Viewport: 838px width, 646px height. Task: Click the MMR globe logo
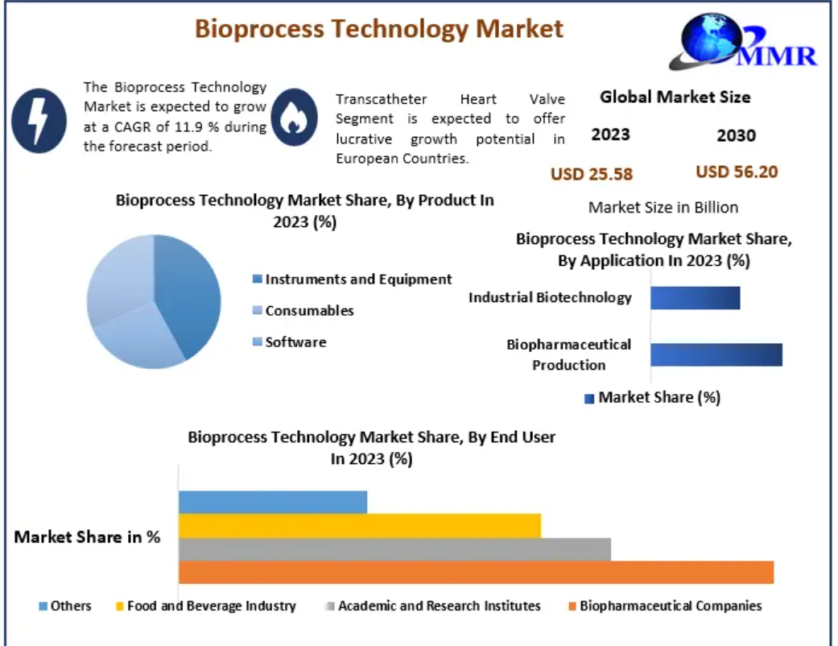pyautogui.click(x=745, y=43)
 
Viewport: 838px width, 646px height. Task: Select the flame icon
pyautogui.click(x=295, y=118)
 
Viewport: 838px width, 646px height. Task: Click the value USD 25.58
pyautogui.click(x=592, y=174)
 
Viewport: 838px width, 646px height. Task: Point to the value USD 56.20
pyautogui.click(x=737, y=172)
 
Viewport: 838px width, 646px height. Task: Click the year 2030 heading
pyautogui.click(x=736, y=135)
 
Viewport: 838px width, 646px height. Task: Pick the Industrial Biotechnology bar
pyautogui.click(x=695, y=298)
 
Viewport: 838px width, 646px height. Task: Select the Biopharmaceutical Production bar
pyautogui.click(x=716, y=354)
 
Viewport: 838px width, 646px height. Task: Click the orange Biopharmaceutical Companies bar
pyautogui.click(x=476, y=573)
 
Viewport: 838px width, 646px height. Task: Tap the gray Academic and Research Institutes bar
pyautogui.click(x=394, y=549)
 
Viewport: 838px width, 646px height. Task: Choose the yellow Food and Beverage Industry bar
pyautogui.click(x=360, y=526)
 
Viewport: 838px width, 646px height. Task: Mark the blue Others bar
pyautogui.click(x=273, y=502)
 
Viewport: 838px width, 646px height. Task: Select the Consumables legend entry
pyautogui.click(x=303, y=311)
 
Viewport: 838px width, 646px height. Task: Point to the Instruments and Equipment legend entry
pyautogui.click(x=352, y=280)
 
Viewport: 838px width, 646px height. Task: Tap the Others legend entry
pyautogui.click(x=65, y=606)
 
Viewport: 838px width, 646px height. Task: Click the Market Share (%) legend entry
pyautogui.click(x=652, y=397)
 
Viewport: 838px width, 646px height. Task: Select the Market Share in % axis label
pyautogui.click(x=87, y=537)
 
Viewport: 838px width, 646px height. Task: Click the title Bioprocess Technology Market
pyautogui.click(x=379, y=29)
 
